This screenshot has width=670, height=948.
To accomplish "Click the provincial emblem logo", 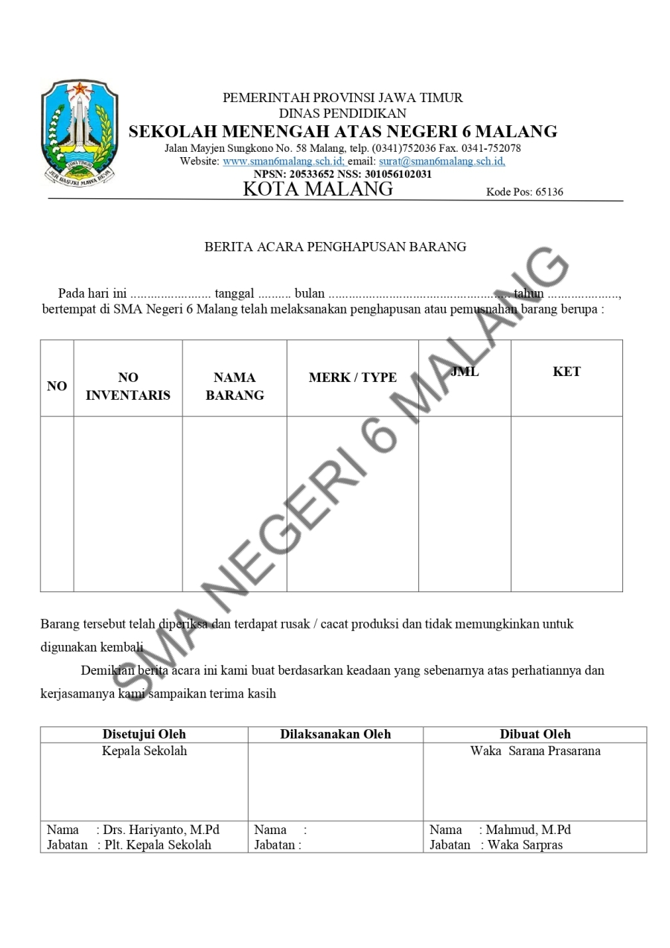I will tap(80, 134).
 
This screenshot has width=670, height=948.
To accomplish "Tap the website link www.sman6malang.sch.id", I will tap(284, 161).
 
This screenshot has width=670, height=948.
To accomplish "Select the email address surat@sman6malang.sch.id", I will tap(441, 161).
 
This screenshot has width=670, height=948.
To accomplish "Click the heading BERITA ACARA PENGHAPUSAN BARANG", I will tap(335, 246).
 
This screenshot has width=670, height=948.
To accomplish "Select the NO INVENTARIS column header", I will tap(128, 386).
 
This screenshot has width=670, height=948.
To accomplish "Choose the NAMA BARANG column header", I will tap(234, 386).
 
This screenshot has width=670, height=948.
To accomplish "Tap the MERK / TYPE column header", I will tap(353, 378).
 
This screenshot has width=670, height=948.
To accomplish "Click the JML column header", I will tap(465, 372).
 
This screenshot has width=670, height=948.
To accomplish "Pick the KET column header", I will tap(567, 372).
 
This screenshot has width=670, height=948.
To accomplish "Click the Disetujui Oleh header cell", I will tap(144, 734).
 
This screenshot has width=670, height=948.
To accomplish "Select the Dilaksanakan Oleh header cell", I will tap(335, 734).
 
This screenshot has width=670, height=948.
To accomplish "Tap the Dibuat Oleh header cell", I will tap(535, 734).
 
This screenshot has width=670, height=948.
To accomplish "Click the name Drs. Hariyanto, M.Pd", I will tap(162, 830).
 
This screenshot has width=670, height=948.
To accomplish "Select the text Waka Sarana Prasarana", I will tap(535, 751).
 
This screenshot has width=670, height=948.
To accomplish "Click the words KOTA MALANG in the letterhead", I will tap(318, 189).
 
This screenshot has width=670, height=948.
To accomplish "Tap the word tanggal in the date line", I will tap(234, 293).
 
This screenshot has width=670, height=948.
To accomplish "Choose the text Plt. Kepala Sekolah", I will tap(157, 844).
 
